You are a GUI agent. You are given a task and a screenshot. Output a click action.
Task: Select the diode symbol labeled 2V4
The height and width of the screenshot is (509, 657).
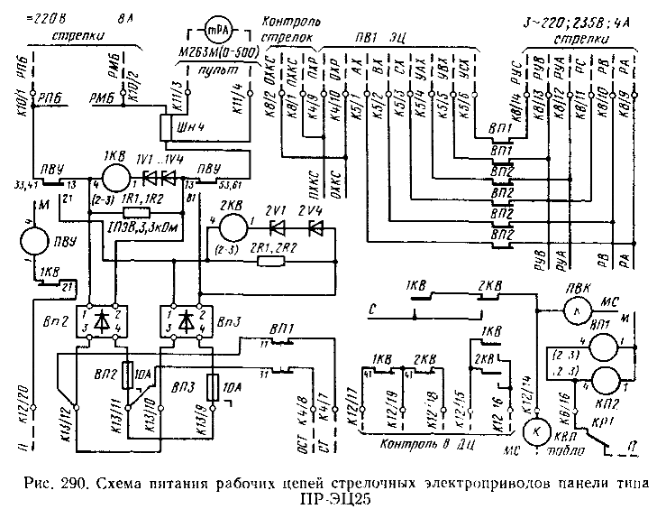313,226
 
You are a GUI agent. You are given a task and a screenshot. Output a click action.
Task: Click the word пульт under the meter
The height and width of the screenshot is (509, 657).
218,69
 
